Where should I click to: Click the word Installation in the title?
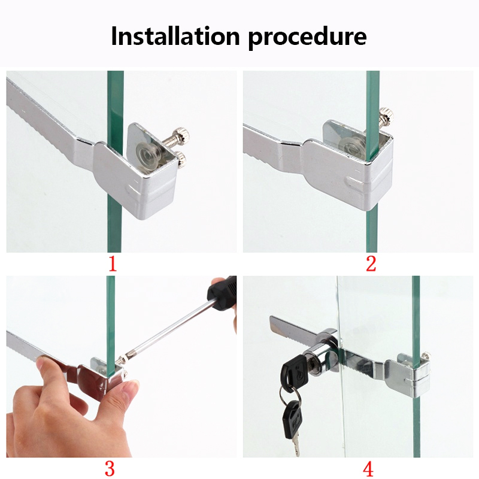coord(175,36)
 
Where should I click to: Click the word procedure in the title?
coord(307,38)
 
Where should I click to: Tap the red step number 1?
coord(113,264)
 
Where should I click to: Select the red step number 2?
coord(371,264)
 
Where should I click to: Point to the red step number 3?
coord(110,468)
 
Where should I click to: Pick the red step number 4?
coord(368,468)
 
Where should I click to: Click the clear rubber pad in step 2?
coord(354,146)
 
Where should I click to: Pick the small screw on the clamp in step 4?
coord(426,355)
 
